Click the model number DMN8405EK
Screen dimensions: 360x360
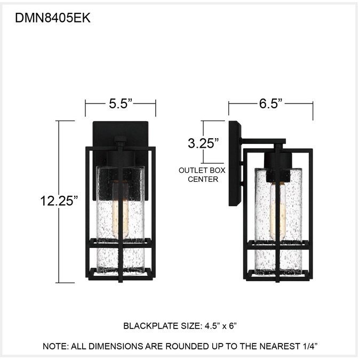point(53,18)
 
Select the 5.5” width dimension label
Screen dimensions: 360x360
point(121,103)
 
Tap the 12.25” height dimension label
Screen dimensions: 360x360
point(59,201)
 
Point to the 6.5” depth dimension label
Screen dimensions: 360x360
point(270,103)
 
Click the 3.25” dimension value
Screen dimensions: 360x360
point(203,143)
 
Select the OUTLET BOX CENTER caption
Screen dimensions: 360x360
point(202,175)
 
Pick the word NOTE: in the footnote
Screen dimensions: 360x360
point(55,346)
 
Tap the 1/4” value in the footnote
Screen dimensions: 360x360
point(310,346)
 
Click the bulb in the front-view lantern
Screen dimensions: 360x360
point(120,210)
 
